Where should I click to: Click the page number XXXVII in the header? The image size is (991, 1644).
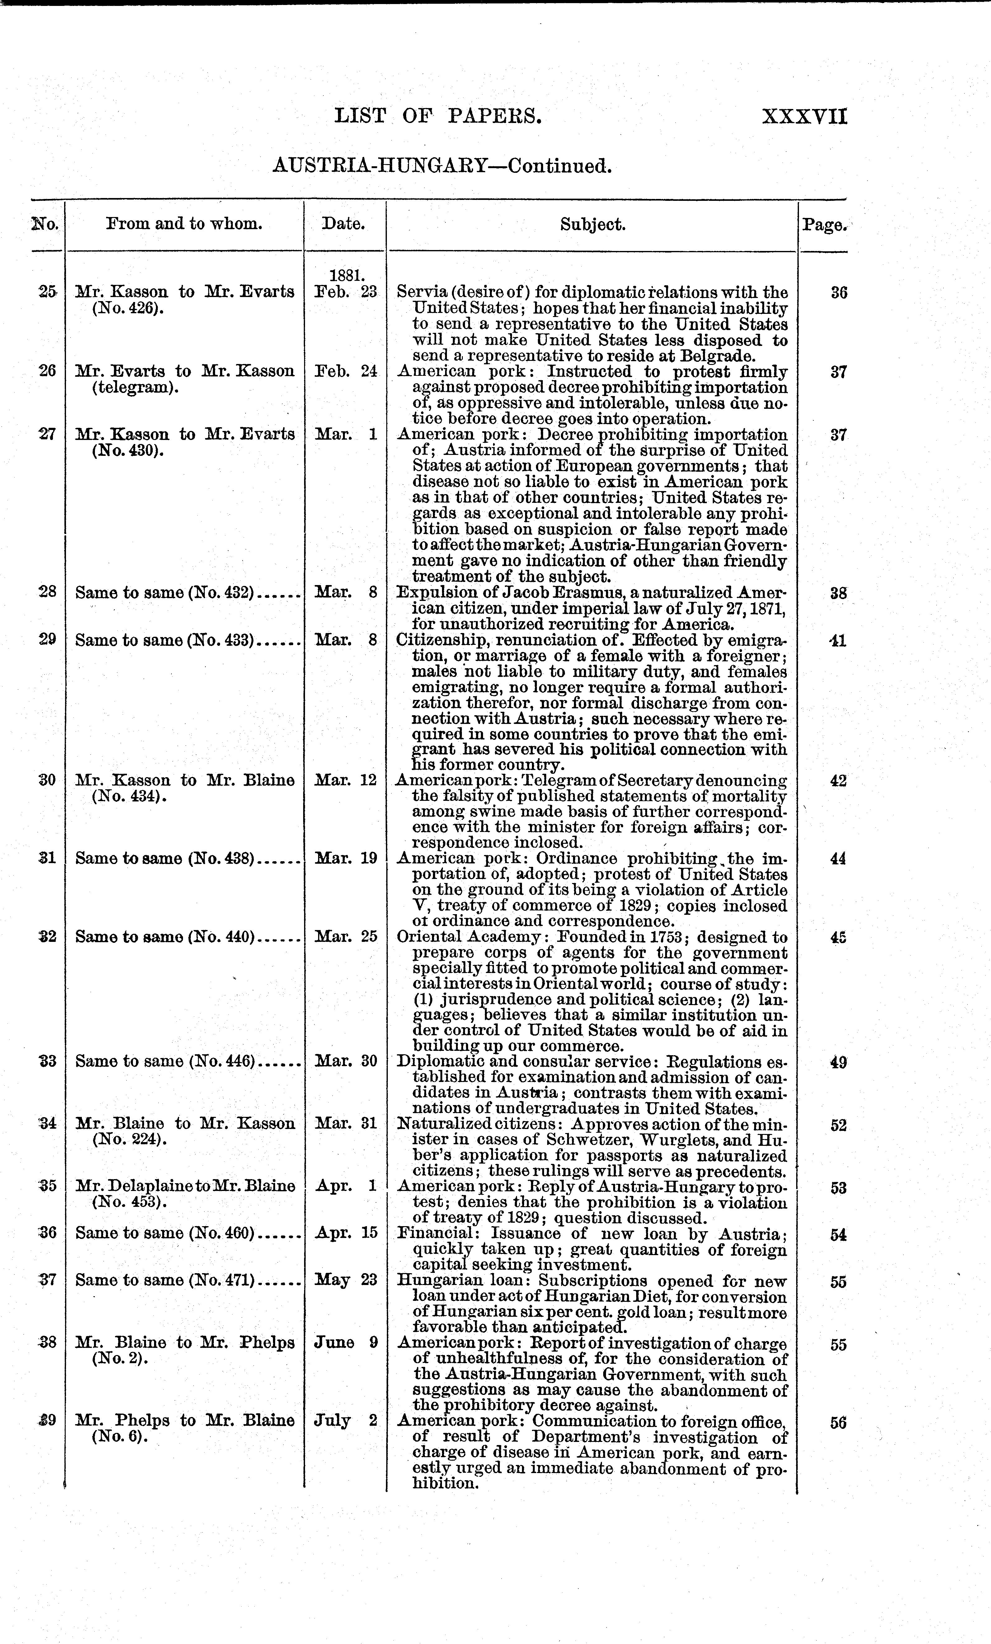pyautogui.click(x=804, y=117)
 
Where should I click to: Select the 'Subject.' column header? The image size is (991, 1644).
pyautogui.click(x=592, y=225)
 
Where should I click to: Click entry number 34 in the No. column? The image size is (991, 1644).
pyautogui.click(x=47, y=1124)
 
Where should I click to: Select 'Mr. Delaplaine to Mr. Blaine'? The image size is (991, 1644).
pyautogui.click(x=185, y=1186)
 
